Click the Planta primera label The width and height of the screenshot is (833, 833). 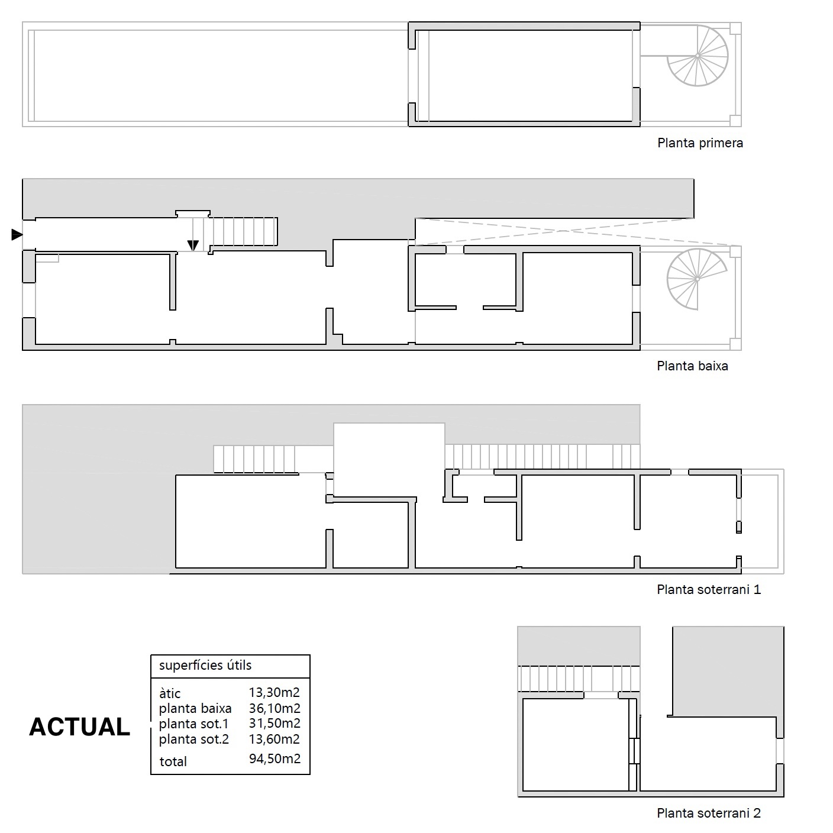tap(700, 143)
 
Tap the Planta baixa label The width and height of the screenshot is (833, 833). tap(692, 366)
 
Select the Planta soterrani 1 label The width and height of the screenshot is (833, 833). tap(708, 590)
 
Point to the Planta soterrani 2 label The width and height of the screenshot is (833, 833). tap(708, 813)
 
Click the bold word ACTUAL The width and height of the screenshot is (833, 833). tap(79, 727)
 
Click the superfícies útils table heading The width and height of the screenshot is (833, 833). tap(205, 666)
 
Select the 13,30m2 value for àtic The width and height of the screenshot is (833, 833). tap(275, 692)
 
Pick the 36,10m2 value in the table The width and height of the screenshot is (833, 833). tap(275, 708)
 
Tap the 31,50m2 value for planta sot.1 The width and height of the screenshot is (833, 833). tap(275, 724)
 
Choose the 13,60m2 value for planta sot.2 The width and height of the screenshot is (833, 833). tap(275, 739)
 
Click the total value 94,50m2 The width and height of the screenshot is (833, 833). tap(275, 759)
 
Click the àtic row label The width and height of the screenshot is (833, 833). tap(170, 693)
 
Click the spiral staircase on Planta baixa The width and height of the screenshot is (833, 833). tap(697, 279)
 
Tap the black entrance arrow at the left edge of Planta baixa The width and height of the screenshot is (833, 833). tap(17, 235)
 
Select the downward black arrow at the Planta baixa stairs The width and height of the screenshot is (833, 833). tap(193, 245)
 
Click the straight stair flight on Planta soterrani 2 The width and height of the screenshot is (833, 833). tap(579, 679)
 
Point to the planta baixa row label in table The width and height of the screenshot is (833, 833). tap(195, 709)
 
